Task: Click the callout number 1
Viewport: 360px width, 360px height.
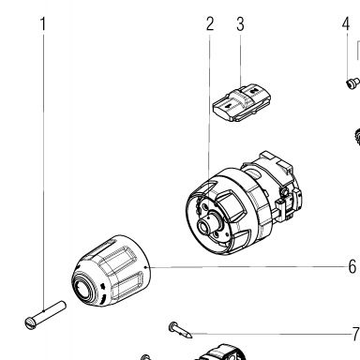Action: (x=43, y=24)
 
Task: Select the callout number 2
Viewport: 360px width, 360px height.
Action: (x=210, y=23)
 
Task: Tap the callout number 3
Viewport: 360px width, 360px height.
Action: (x=240, y=24)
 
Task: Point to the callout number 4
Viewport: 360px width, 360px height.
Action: (x=345, y=23)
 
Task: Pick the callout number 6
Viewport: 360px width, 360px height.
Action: (x=352, y=266)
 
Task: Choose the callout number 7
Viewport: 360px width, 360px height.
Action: (x=355, y=334)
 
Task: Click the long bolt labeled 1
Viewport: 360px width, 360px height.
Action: (x=45, y=315)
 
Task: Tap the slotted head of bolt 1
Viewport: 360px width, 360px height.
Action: (x=31, y=323)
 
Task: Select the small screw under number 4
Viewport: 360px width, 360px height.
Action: (x=352, y=83)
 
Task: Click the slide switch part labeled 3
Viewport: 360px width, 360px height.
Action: (x=241, y=102)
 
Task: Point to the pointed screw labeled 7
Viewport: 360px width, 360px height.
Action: (x=180, y=330)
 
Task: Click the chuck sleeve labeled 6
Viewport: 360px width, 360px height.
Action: (x=112, y=271)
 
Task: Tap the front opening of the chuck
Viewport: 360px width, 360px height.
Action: (x=83, y=288)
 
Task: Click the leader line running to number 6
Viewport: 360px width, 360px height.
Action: (x=247, y=267)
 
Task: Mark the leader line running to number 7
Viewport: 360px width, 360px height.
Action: (x=271, y=334)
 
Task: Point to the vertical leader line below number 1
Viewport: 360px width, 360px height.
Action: (x=43, y=172)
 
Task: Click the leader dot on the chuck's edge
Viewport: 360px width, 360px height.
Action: (x=147, y=267)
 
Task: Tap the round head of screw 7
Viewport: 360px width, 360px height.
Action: (x=172, y=327)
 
